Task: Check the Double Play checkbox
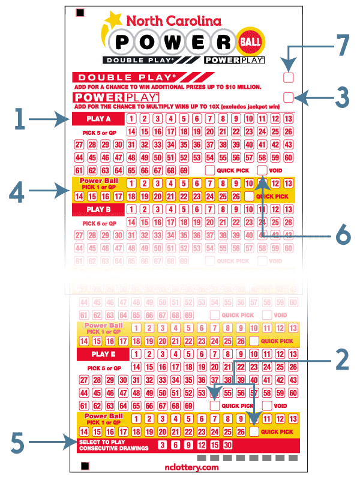pos(289,77)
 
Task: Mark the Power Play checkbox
pos(289,97)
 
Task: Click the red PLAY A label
pos(98,118)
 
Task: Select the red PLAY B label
pos(98,209)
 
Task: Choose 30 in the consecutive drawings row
pos(227,445)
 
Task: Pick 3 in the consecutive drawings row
pos(161,445)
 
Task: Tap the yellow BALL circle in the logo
pos(250,40)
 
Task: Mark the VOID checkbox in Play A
pos(262,170)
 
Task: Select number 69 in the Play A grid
pos(184,171)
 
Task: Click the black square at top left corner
pos(80,13)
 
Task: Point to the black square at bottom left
pos(85,466)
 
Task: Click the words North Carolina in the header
pos(172,21)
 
